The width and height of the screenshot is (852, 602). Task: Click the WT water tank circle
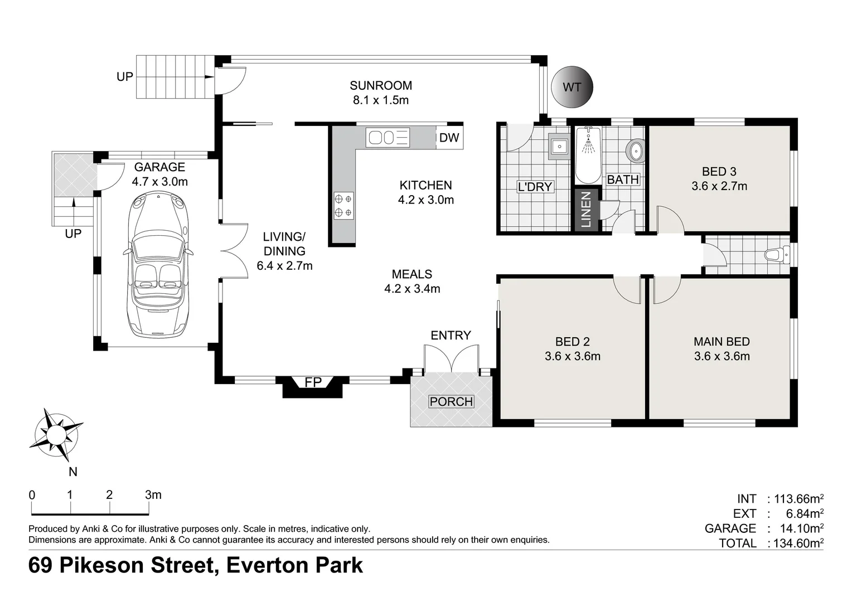click(x=572, y=87)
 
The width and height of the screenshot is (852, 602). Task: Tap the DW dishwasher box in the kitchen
click(x=449, y=138)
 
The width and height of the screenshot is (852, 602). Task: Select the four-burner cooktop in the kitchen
click(x=343, y=205)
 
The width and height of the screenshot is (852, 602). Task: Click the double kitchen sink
click(x=388, y=137)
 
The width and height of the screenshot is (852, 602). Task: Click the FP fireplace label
click(x=313, y=382)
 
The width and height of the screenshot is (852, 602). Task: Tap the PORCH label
click(x=451, y=401)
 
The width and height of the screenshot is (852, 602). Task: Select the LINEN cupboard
click(x=586, y=210)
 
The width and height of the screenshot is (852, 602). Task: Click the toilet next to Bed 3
click(x=777, y=255)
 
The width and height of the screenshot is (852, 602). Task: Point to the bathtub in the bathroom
click(x=588, y=155)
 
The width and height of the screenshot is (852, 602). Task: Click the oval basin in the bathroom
click(x=635, y=151)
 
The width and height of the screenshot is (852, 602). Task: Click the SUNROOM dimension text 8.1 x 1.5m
click(x=381, y=100)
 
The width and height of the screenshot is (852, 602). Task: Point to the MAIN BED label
click(x=722, y=342)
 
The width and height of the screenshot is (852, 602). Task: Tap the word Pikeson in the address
click(x=137, y=565)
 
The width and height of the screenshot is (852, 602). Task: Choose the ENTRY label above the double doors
click(x=451, y=335)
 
